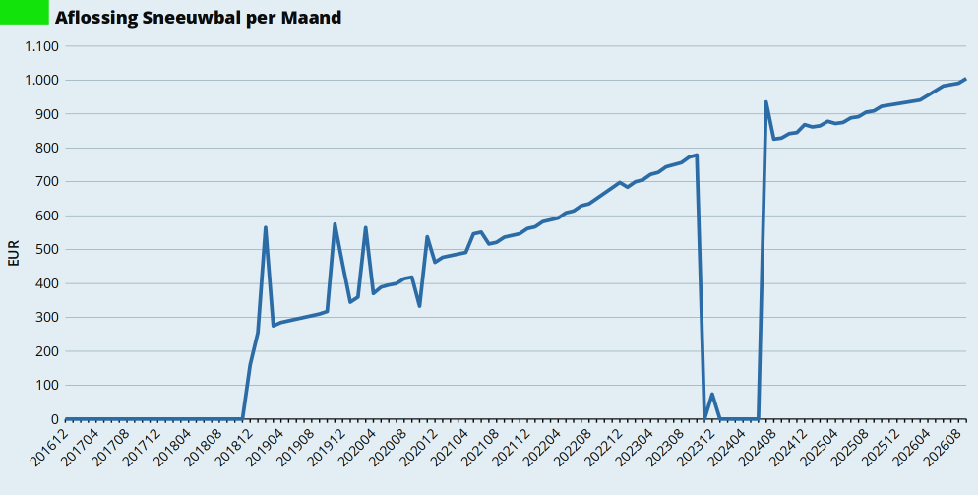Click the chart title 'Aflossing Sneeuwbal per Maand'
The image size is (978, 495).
(x=199, y=17)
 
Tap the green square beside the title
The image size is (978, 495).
(x=25, y=12)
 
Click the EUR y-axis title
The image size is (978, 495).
(x=14, y=253)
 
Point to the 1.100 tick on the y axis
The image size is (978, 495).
(x=41, y=46)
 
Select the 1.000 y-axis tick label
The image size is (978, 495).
(x=41, y=80)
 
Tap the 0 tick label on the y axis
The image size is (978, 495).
(x=55, y=419)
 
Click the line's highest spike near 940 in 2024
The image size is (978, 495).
(x=765, y=102)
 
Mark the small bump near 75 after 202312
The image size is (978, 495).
(x=711, y=394)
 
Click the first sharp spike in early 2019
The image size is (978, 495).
(x=266, y=228)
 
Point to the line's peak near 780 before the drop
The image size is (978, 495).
(x=696, y=155)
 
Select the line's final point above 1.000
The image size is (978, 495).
(x=965, y=79)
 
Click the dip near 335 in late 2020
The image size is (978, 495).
(x=420, y=306)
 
